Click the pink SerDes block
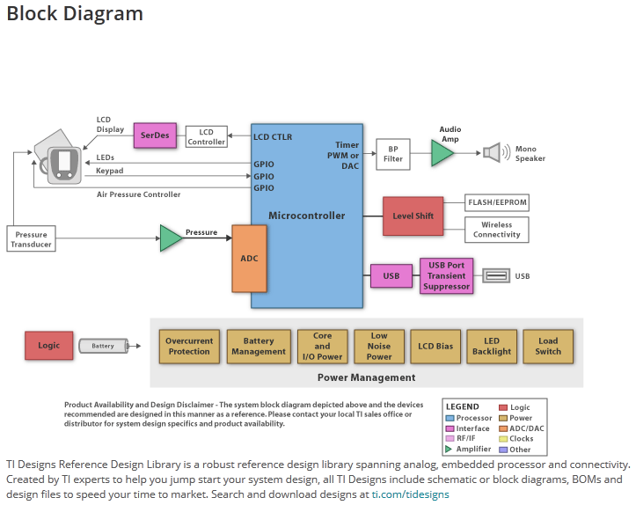(156, 135)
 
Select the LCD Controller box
(206, 136)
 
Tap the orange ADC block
(249, 259)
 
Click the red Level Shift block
(413, 216)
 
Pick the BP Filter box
(393, 154)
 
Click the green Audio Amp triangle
(442, 153)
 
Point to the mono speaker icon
(492, 153)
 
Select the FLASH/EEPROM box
(497, 203)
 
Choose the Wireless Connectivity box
(497, 230)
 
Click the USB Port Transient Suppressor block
(447, 275)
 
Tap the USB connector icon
(496, 276)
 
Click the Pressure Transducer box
(32, 239)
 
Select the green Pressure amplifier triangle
(170, 238)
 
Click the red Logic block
(49, 346)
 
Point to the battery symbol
(104, 346)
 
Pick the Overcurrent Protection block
(189, 347)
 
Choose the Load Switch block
(548, 347)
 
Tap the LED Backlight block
(491, 347)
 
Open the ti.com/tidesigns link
(410, 494)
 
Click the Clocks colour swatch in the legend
(503, 439)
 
